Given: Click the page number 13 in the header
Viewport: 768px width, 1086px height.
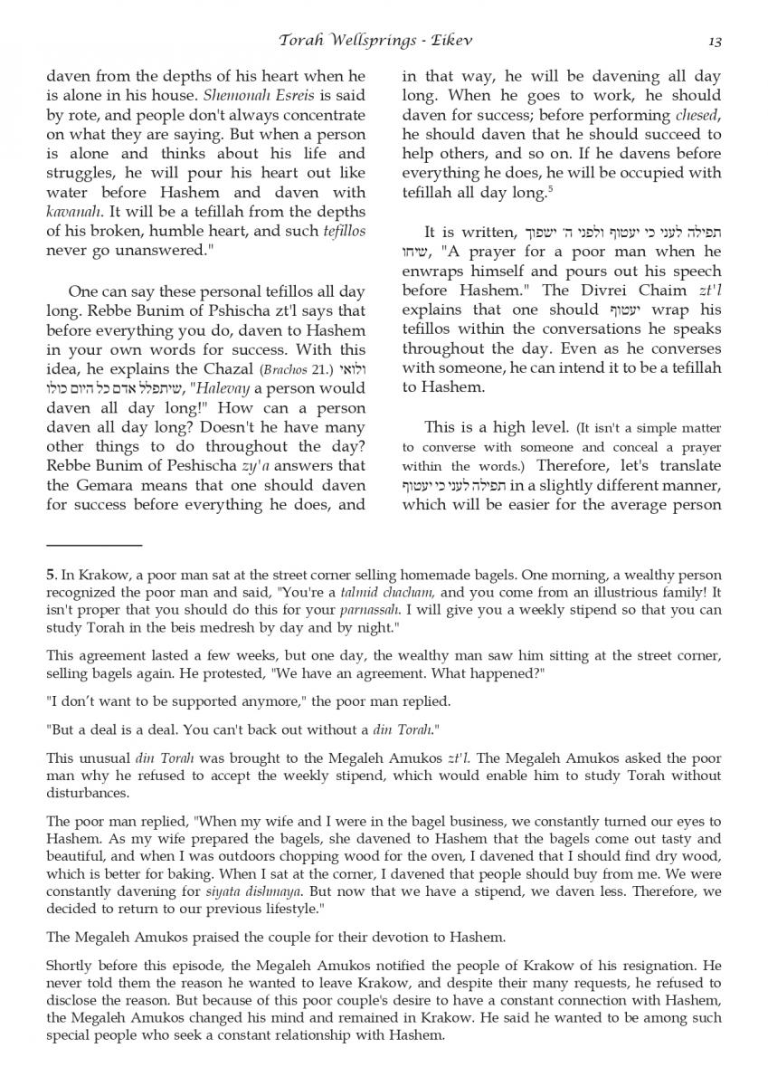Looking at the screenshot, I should click(x=715, y=41).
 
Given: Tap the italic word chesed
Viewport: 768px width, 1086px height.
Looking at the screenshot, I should click(x=697, y=116).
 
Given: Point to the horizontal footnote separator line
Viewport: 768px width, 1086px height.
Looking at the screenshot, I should click(x=94, y=546).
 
